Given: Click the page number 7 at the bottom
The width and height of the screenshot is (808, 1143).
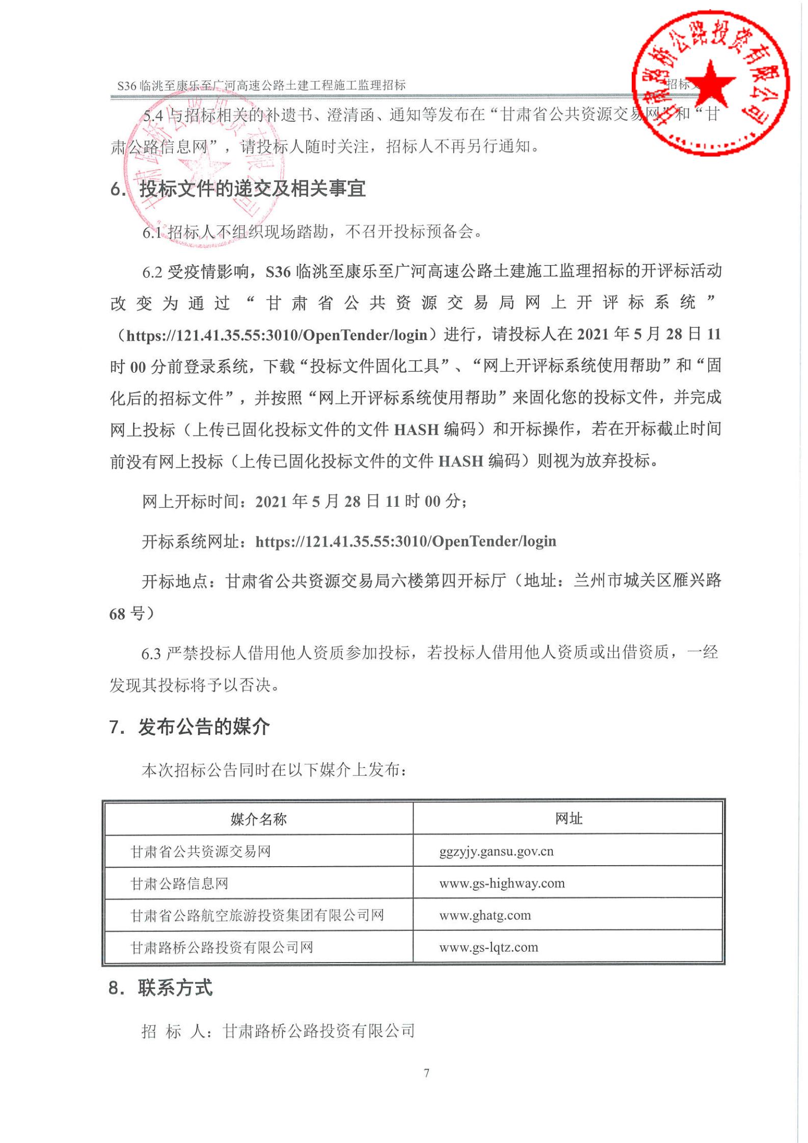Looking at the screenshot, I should pos(426,1073).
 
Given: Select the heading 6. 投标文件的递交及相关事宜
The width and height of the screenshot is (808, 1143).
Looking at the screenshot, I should pos(238,189).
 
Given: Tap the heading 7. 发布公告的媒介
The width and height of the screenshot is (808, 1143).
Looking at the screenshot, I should pos(190,726).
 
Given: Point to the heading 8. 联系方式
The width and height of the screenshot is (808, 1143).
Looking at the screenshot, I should pos(160,988).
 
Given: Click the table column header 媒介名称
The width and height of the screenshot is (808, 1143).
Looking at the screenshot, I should pos(258,819).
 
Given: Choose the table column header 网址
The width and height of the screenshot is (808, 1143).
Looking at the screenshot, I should pos(569,819).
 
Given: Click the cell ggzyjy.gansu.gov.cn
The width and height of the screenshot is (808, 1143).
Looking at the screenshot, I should pos(496,851).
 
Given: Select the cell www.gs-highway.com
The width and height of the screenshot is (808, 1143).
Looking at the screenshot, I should pos(502,884).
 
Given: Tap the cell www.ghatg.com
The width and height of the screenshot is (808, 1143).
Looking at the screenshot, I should pos(485,916).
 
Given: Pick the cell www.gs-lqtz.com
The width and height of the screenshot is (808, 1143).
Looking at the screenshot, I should pos(489,947).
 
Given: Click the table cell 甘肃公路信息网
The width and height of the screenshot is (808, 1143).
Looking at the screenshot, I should pos(179,884).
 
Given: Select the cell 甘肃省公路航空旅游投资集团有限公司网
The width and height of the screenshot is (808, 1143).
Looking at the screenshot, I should pos(257,916).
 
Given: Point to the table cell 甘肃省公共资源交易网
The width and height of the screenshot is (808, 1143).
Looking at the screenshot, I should pos(201,851).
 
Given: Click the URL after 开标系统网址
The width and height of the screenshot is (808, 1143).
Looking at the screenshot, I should pos(406,541).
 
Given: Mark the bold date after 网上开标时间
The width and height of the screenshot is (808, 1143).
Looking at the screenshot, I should pos(360,501).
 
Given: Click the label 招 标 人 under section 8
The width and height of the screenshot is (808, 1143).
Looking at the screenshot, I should pos(173,1031).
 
